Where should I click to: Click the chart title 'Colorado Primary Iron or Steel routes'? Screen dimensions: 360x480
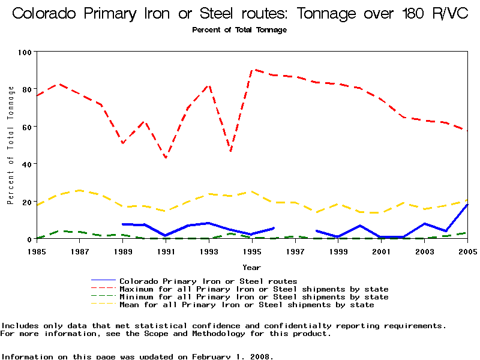point(239,13)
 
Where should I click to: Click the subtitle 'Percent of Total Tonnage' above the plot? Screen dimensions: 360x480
point(239,30)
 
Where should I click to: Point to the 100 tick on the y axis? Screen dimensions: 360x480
point(25,52)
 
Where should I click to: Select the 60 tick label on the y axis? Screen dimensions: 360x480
point(25,127)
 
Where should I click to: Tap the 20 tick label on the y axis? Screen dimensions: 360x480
point(25,202)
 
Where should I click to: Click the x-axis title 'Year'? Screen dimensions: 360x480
point(251,267)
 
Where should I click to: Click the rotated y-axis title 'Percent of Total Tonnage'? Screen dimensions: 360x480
point(11,145)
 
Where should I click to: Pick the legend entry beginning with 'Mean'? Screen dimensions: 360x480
point(247,305)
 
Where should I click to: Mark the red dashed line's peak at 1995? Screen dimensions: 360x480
point(252,70)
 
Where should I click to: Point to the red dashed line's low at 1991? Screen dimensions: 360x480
point(166,158)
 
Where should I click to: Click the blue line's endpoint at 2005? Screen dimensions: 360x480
point(467,205)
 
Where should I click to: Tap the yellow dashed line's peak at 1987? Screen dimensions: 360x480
point(80,190)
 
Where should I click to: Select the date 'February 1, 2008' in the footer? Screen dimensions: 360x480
point(232,356)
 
